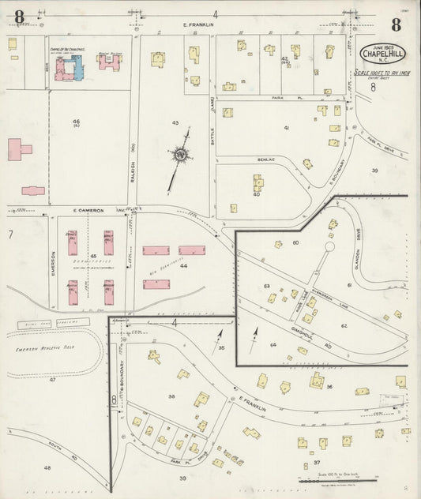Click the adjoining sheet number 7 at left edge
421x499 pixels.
click(x=10, y=234)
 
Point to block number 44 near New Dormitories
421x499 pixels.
click(x=183, y=267)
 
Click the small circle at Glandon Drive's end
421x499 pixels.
click(x=329, y=247)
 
